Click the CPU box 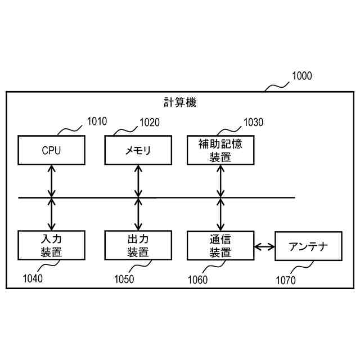pos(51,150)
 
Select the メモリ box pos(138,150)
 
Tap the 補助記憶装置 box pos(220,150)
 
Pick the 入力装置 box pos(51,245)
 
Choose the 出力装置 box pos(138,245)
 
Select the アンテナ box pos(308,246)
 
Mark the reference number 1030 pos(253,121)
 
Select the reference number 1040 pos(33,277)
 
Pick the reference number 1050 pos(124,277)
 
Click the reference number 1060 pos(197,278)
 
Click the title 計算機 pos(180,102)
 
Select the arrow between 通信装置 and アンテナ pos(264,246)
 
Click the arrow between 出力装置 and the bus pos(138,214)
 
